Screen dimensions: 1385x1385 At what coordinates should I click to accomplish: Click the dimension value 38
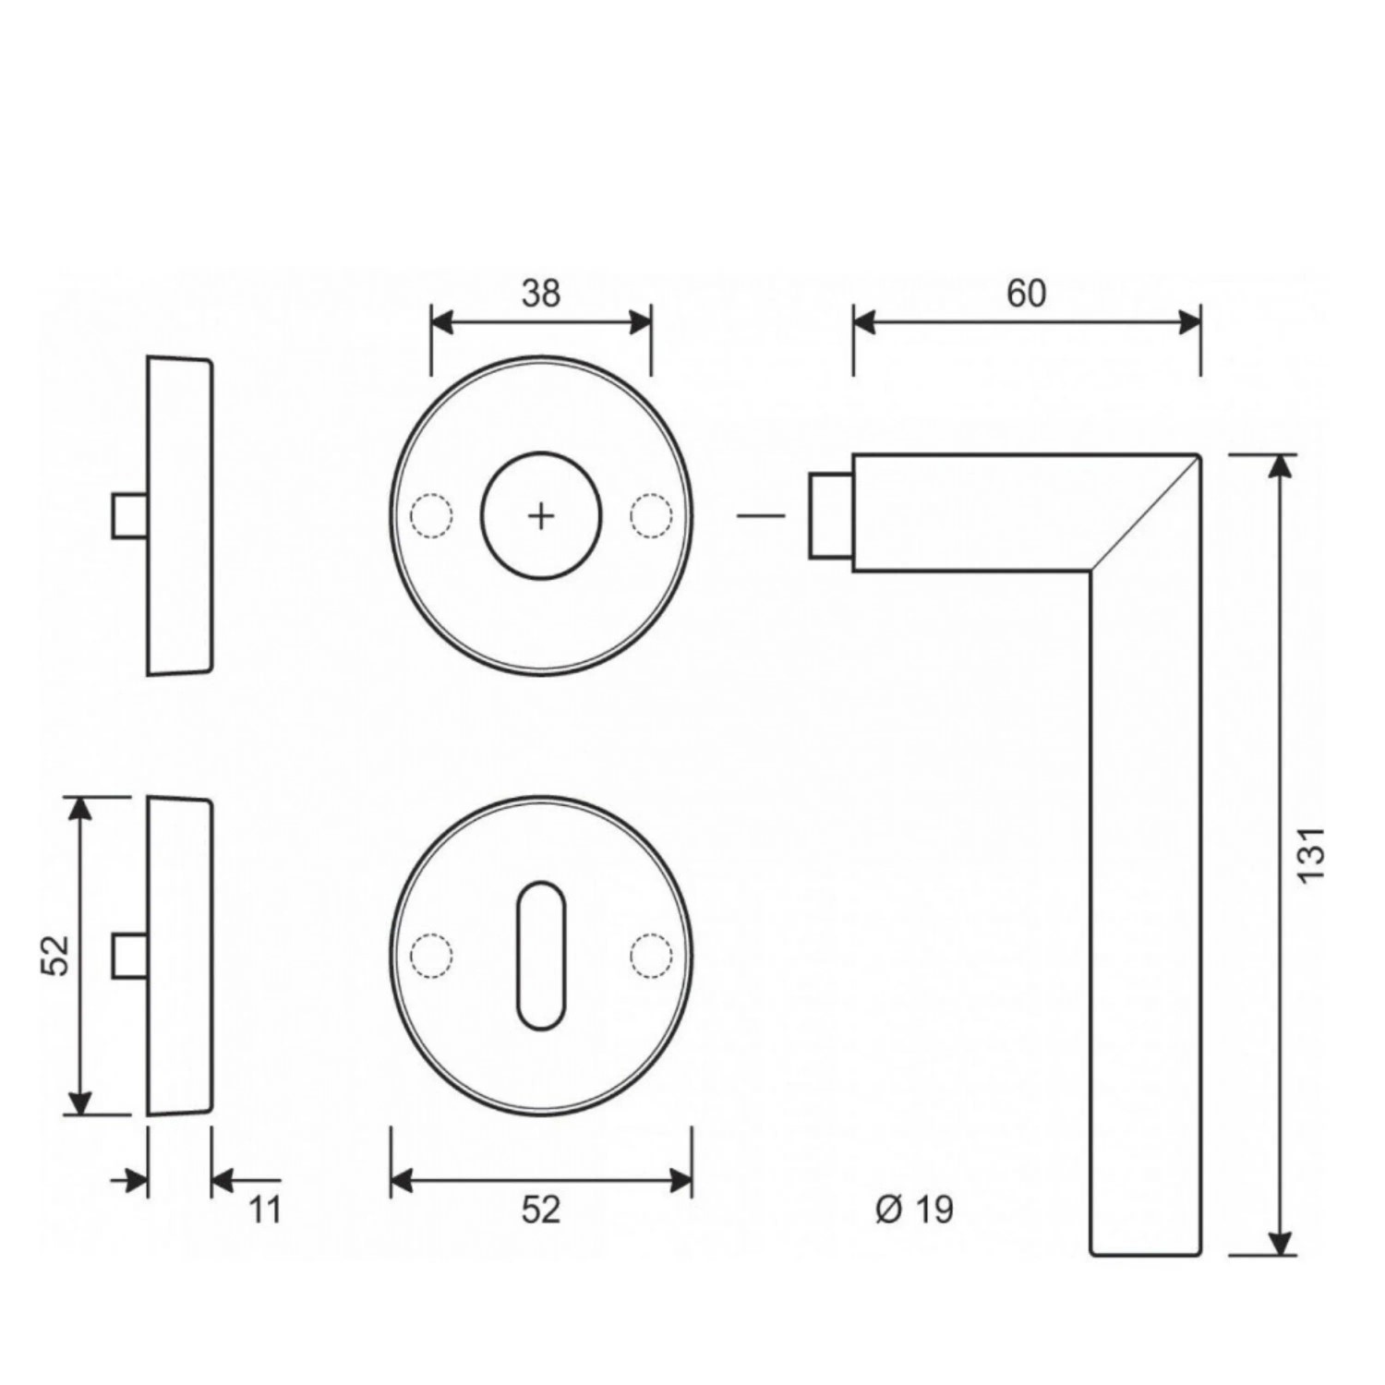click(x=541, y=294)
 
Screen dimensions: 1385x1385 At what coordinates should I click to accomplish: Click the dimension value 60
click(x=1026, y=294)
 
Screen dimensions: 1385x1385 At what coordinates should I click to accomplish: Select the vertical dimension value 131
click(x=1312, y=854)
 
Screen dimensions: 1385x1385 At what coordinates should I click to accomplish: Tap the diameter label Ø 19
click(x=914, y=1209)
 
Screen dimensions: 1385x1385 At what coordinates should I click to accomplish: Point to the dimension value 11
click(x=265, y=1210)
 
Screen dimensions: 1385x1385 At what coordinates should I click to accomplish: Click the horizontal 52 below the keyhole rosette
click(x=541, y=1210)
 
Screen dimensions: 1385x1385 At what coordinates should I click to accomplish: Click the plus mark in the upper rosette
click(x=541, y=516)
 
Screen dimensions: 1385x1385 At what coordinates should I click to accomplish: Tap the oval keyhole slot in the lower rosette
click(x=541, y=956)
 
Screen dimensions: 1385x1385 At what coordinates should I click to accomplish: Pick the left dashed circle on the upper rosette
click(x=431, y=516)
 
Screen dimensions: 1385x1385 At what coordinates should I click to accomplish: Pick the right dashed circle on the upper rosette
click(x=651, y=516)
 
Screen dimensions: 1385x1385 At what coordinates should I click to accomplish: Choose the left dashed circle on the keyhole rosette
click(x=431, y=956)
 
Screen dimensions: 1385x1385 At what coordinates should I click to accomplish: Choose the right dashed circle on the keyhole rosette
click(x=651, y=956)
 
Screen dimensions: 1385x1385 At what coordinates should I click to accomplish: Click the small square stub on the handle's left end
click(x=830, y=515)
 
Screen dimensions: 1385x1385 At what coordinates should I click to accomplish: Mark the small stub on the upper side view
click(x=130, y=515)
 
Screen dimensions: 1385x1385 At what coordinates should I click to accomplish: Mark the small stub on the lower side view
click(x=130, y=956)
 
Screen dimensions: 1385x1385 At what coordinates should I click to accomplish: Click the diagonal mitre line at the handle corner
click(x=1144, y=512)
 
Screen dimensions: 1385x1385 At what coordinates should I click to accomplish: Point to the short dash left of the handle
click(x=761, y=515)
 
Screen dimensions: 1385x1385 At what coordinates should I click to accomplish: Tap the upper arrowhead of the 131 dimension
click(x=1279, y=465)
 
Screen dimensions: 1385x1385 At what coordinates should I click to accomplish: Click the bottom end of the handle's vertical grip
click(x=1146, y=1254)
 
